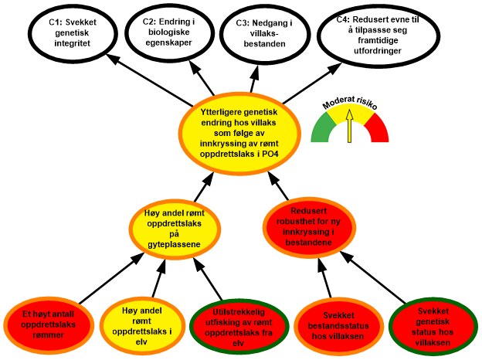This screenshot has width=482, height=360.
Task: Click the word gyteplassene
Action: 173,245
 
